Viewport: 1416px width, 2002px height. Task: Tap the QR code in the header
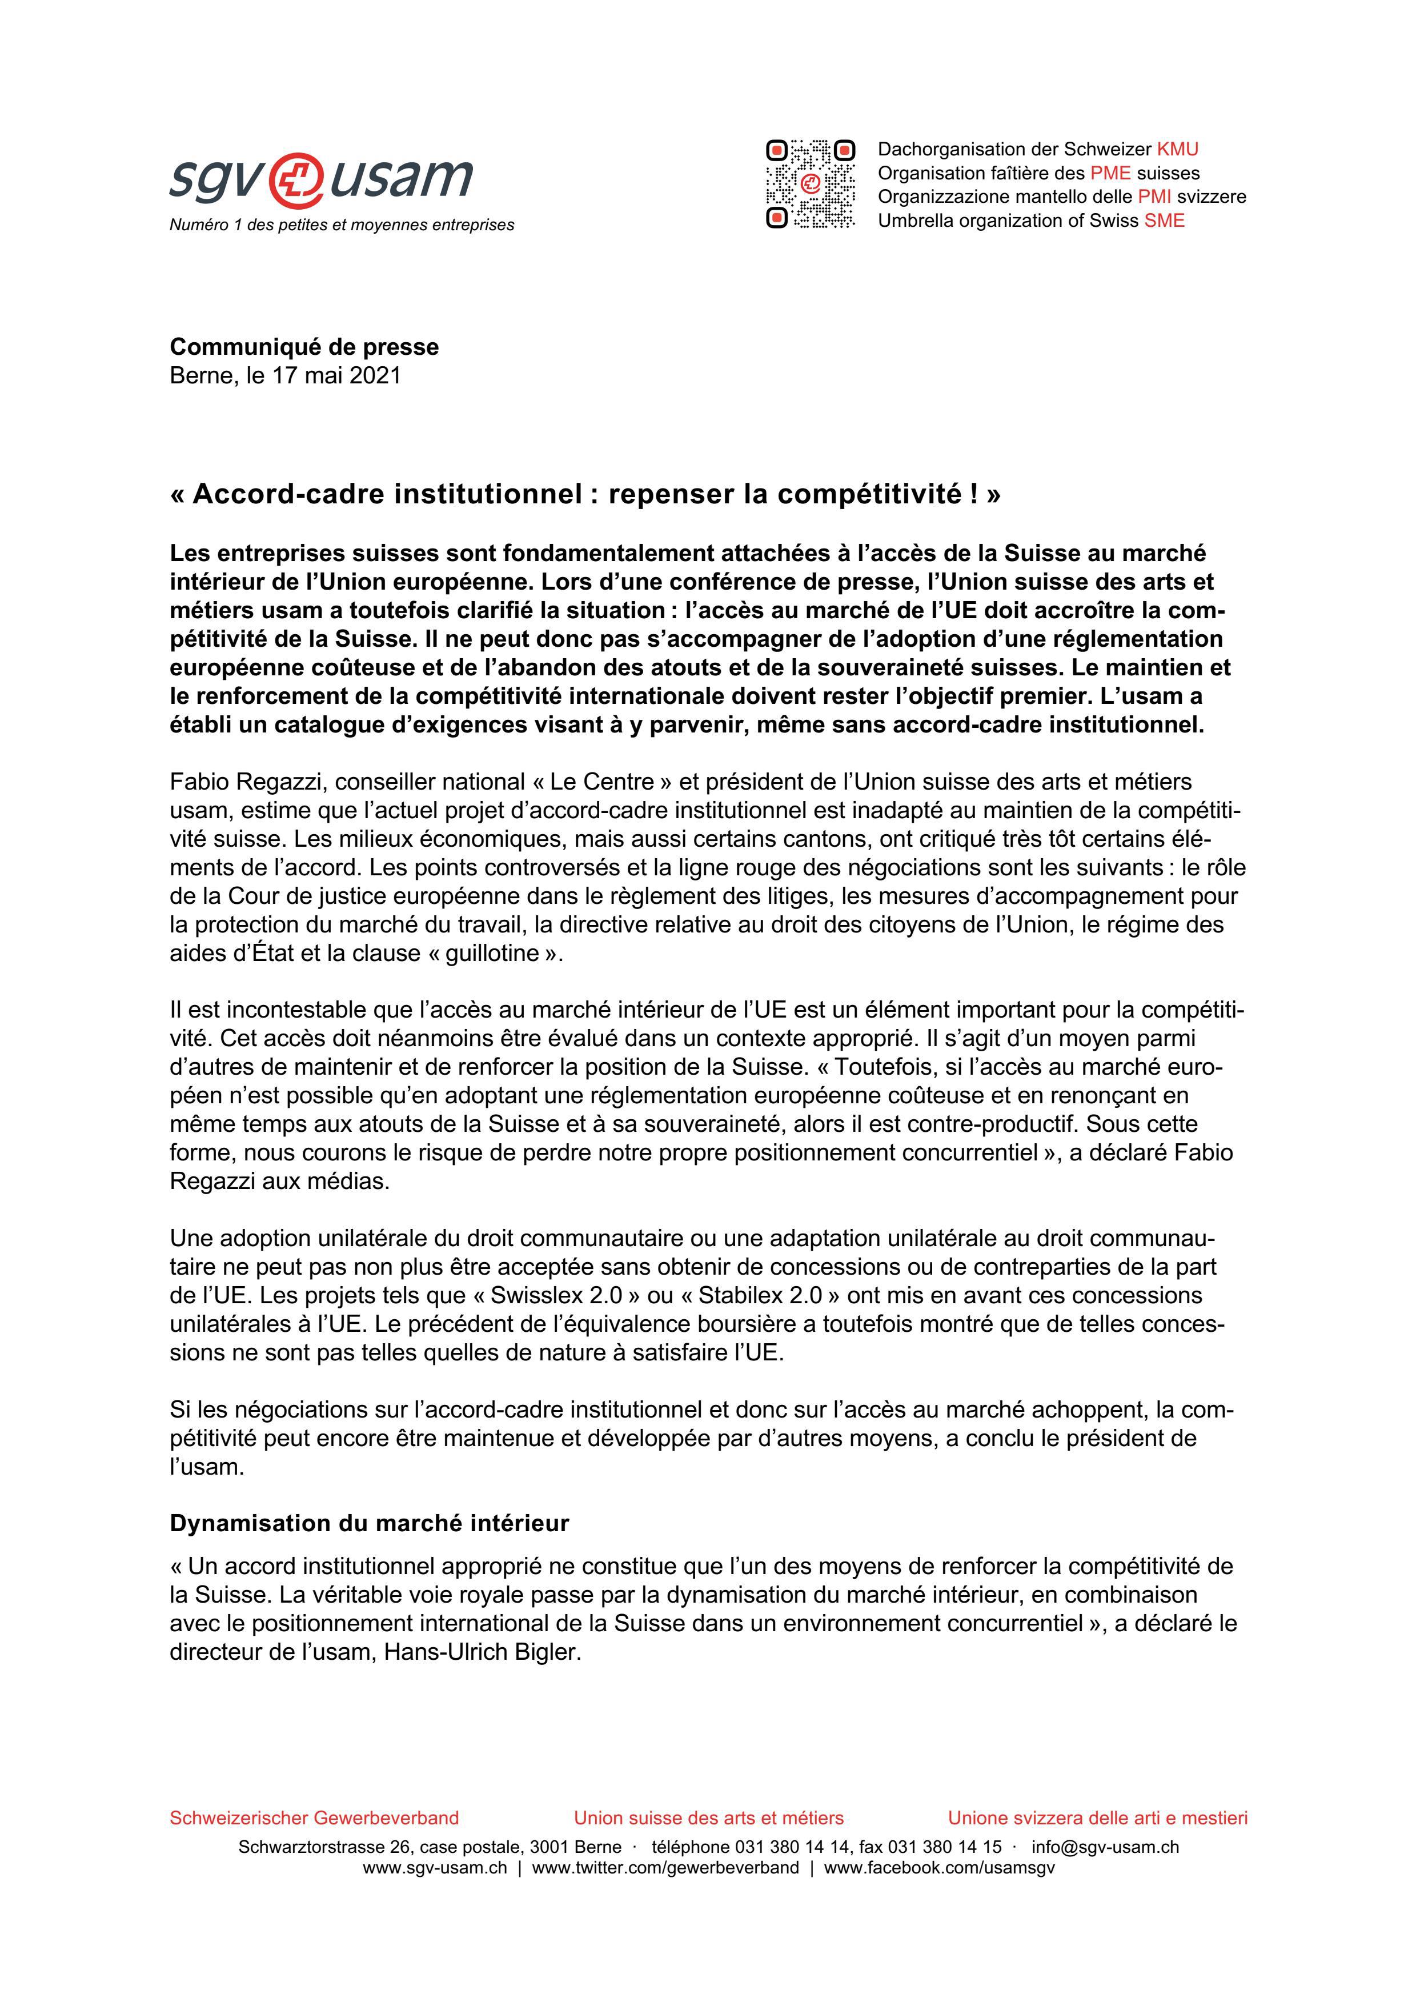810,184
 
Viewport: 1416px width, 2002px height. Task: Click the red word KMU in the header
1177,149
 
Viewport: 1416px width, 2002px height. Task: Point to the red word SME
1164,221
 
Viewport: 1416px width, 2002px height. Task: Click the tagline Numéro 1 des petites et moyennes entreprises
342,225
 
